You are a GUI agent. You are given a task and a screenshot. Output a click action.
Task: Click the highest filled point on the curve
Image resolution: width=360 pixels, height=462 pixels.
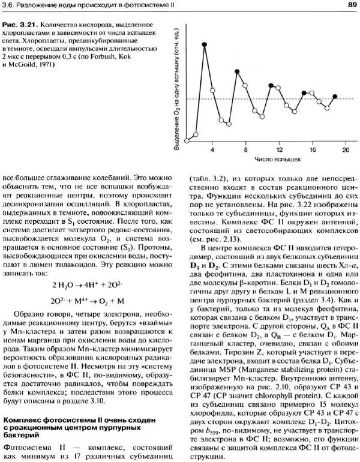(205, 45)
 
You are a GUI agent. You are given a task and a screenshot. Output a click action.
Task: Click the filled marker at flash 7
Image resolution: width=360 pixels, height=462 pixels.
(238, 71)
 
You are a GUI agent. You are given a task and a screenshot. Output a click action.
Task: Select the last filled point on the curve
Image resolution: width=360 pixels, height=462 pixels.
(335, 96)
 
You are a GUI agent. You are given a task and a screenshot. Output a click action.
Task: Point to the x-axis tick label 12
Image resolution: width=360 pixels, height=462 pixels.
(280, 149)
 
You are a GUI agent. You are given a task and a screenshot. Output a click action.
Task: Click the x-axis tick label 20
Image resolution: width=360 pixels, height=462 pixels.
(346, 149)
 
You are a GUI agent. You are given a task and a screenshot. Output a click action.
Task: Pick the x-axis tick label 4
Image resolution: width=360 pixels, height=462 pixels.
(213, 149)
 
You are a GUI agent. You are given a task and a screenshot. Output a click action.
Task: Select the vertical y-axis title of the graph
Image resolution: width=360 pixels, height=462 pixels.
(178, 84)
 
